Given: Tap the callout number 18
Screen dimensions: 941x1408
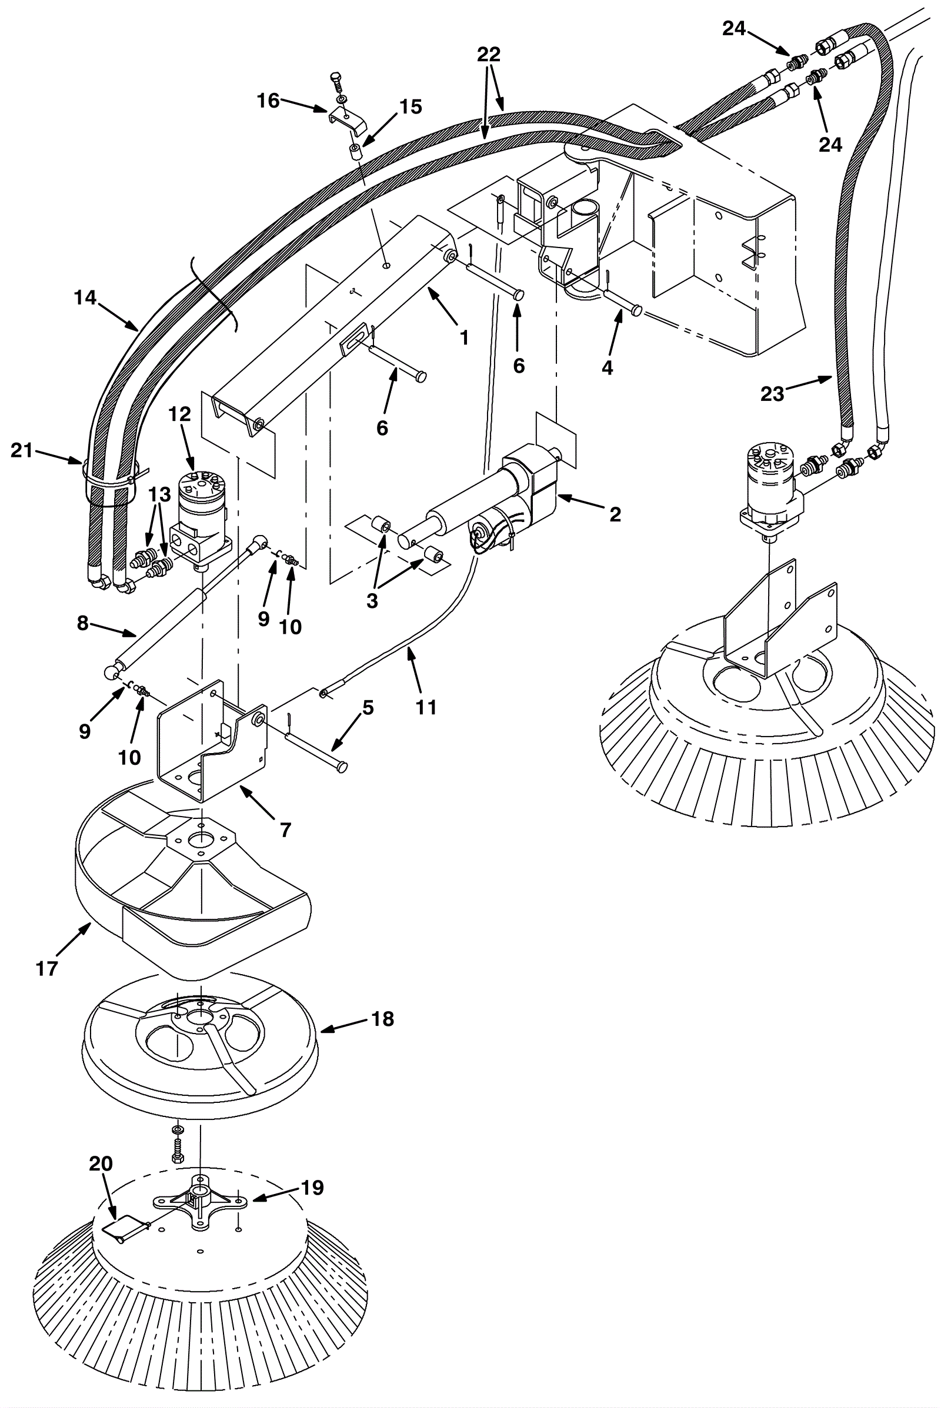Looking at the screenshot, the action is [382, 1019].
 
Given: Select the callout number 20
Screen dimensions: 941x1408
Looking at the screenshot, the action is [101, 1164].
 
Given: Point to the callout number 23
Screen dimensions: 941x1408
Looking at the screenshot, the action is [772, 393].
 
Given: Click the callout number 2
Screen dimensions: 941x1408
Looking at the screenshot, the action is [615, 514].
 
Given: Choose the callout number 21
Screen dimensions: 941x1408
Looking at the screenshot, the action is [22, 450].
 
